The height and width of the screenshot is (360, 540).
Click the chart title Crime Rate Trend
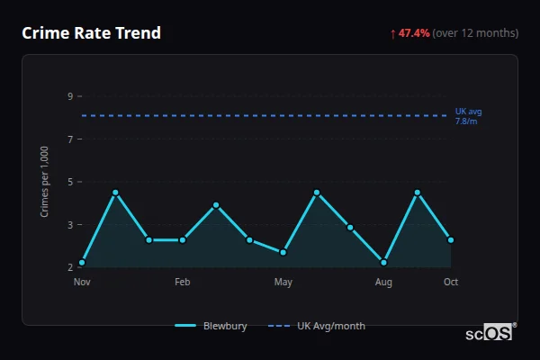[91, 33]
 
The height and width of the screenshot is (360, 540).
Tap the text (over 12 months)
[475, 33]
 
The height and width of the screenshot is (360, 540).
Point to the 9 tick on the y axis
[69, 96]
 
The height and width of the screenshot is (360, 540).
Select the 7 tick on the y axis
[69, 139]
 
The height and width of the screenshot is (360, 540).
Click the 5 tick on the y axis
[69, 182]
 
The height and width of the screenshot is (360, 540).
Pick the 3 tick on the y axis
[69, 224]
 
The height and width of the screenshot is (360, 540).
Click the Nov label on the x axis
[82, 283]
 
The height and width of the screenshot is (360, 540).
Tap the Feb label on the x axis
[183, 283]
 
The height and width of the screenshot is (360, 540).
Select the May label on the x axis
[283, 283]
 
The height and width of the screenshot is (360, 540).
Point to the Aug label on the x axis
[383, 283]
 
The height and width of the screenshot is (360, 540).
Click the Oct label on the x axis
[451, 283]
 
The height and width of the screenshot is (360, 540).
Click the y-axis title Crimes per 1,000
[44, 182]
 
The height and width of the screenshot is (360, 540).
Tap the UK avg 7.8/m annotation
[469, 116]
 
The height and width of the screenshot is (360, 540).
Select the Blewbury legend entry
[211, 326]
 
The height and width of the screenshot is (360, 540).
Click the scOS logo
[490, 333]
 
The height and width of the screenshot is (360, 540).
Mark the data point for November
[82, 263]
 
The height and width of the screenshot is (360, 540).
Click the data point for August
[383, 263]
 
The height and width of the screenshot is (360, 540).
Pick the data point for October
[451, 240]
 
